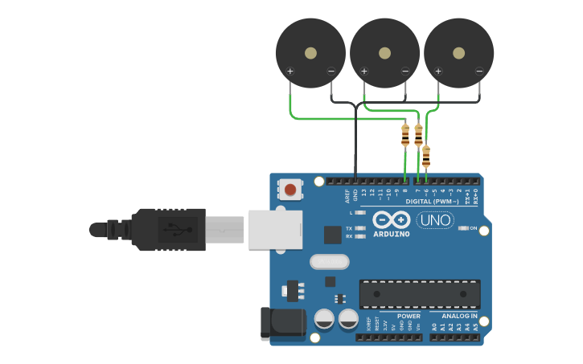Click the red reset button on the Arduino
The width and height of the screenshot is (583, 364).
click(x=289, y=190)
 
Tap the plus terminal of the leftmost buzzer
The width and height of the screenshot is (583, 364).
click(x=289, y=72)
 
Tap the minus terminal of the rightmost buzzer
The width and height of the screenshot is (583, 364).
click(x=479, y=72)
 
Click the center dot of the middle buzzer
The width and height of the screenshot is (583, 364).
click(x=384, y=53)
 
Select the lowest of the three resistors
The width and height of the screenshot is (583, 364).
click(x=425, y=156)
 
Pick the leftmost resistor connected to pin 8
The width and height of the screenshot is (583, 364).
click(x=404, y=135)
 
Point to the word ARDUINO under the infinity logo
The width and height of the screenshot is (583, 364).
click(x=392, y=234)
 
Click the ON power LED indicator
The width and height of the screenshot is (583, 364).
click(x=464, y=228)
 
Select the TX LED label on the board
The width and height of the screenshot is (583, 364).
click(x=349, y=228)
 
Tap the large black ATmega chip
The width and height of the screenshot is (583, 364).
click(x=419, y=294)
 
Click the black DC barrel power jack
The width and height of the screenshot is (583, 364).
click(x=282, y=323)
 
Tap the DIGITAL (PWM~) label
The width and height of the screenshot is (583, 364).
click(x=432, y=201)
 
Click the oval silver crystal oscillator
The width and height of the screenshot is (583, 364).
click(x=329, y=261)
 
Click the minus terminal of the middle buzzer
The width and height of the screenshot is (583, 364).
click(x=405, y=72)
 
